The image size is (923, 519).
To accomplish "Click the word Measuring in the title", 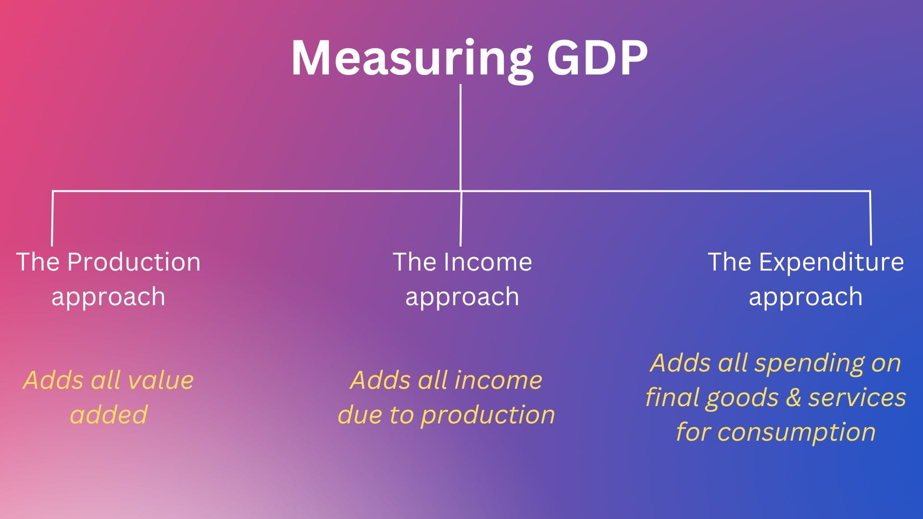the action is coord(412,59).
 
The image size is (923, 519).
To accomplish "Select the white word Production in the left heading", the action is coord(134,262).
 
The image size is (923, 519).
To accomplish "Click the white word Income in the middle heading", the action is coord(487,262).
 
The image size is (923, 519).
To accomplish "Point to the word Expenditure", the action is coord(831,263).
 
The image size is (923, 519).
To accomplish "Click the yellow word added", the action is coord(109,415).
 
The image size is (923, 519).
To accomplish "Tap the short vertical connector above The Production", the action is coord(52,219).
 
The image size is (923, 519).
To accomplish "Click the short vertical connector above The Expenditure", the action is coord(870,218).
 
